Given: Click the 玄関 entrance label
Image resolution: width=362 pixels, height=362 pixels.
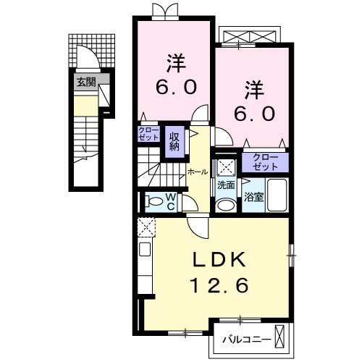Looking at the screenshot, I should pos(86,82).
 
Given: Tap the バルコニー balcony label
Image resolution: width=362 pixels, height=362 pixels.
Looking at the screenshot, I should pos(251,337).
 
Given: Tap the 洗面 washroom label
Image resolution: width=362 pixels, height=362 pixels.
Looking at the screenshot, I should pos(225,185).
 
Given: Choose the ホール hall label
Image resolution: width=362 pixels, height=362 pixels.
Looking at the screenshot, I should pos(197,172).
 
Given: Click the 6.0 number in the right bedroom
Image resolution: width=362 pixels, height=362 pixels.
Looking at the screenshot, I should pos(253,115).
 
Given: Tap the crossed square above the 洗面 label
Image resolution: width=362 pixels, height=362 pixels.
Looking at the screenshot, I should pos(225,167).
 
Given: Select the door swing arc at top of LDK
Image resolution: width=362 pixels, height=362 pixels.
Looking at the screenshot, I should pos(197,227).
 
